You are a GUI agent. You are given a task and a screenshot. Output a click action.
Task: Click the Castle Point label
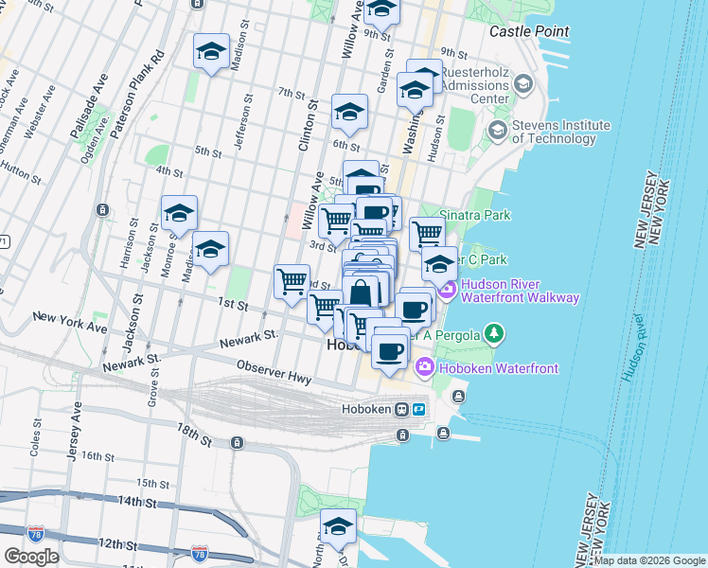529,31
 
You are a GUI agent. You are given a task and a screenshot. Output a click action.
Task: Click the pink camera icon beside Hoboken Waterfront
425,366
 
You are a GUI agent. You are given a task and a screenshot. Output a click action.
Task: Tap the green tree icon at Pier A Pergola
492,333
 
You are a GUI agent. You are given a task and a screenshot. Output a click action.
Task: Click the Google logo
31,556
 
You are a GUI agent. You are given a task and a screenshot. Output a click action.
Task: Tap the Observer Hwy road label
274,372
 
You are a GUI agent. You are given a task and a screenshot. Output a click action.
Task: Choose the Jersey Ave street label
73,431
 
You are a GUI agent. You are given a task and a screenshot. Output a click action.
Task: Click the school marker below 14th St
337,526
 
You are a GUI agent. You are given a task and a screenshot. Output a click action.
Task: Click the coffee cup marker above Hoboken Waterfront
389,351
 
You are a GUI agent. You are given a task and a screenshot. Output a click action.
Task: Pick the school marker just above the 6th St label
349,113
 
